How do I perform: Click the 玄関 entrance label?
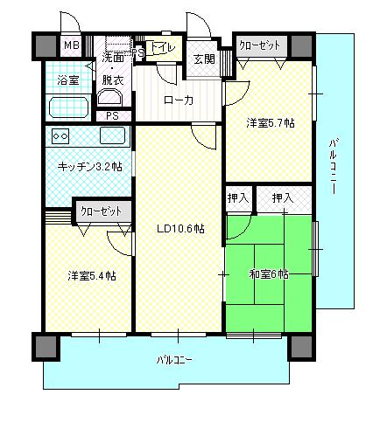point(204,59)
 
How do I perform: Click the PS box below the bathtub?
point(112,114)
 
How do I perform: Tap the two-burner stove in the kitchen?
point(61,136)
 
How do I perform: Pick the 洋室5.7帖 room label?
point(268,123)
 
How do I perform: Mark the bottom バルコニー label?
point(175,359)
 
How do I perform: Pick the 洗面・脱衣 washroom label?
point(113,68)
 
